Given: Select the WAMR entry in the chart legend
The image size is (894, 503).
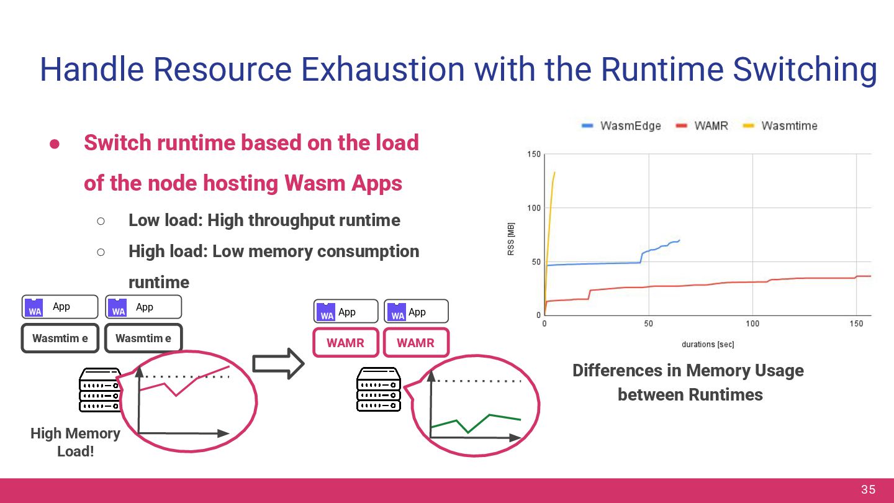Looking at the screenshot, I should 703,125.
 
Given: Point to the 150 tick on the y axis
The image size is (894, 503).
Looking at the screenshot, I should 533,154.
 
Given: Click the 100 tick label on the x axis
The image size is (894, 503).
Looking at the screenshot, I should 752,324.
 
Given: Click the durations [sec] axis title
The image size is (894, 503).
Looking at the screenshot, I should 708,344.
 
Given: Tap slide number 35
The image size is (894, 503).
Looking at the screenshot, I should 868,490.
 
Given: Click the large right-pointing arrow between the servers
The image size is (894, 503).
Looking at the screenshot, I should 278,363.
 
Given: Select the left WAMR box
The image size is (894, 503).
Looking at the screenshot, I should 345,343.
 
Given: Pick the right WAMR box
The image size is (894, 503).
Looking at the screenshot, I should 415,343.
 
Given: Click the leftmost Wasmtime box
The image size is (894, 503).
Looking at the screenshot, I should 60,338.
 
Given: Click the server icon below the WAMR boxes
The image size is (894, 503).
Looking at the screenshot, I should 378,390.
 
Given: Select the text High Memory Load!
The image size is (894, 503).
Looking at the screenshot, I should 75,442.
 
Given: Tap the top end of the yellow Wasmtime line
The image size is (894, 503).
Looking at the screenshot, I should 554,173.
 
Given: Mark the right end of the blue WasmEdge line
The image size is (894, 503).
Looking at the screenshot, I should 679,240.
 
